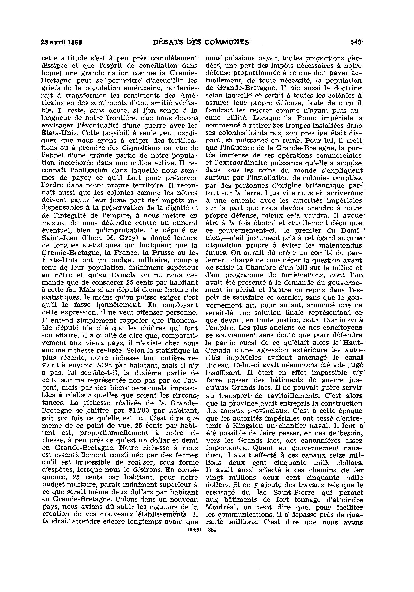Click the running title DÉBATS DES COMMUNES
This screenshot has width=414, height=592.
point(201,42)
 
